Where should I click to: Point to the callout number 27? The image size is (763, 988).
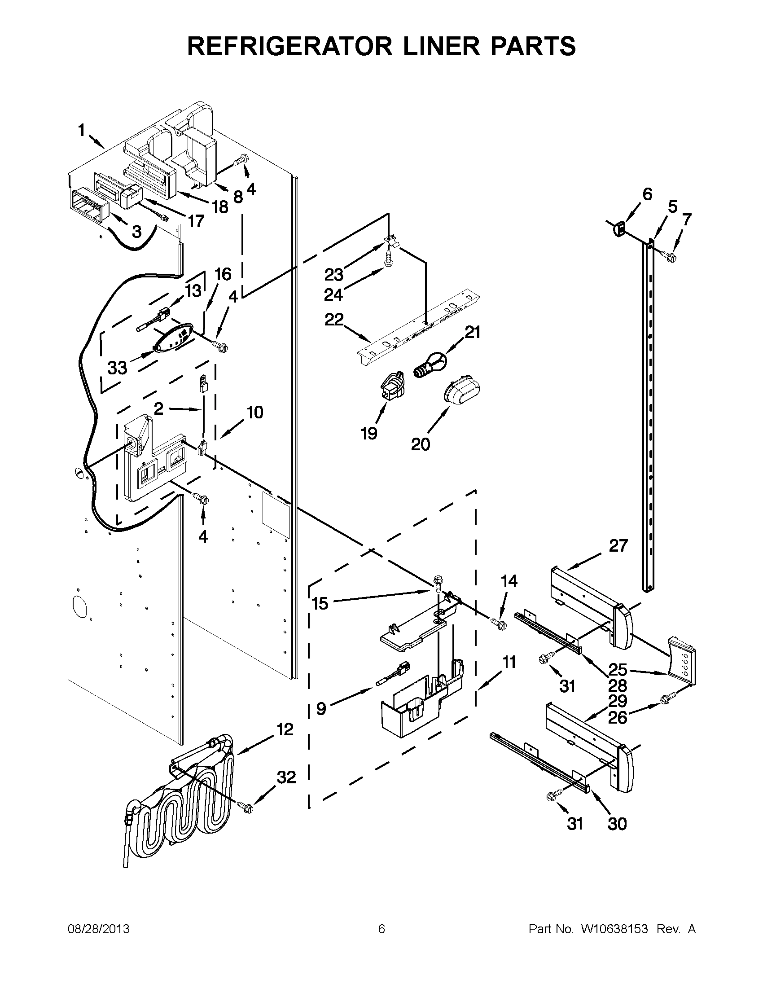pyautogui.click(x=618, y=546)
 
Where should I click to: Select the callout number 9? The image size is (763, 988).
pyautogui.click(x=320, y=708)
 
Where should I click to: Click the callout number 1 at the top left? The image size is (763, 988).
pyautogui.click(x=81, y=131)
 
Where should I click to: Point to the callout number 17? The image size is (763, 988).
pyautogui.click(x=196, y=221)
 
